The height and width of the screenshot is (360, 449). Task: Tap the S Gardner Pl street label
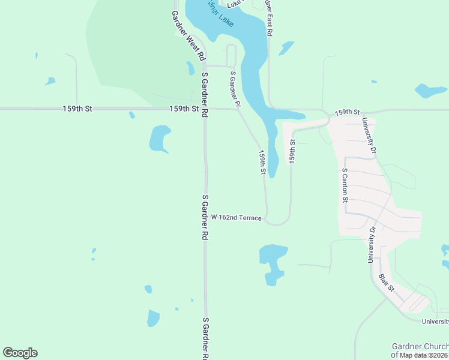235,89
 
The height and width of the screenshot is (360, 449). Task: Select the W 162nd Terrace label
236,218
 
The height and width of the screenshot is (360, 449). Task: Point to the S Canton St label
345,185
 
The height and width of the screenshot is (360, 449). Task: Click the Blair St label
387,283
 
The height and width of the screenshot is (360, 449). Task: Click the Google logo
20,353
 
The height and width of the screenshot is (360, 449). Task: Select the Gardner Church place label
420,346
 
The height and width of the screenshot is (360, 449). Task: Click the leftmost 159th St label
77,109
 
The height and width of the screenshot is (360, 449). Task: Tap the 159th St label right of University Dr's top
347,112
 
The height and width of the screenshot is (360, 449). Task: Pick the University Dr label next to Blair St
372,244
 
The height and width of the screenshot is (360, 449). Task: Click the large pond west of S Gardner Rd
160,139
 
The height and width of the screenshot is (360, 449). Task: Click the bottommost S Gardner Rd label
205,338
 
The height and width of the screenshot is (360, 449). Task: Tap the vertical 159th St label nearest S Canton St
292,151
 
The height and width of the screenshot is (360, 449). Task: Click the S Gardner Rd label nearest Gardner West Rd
205,95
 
